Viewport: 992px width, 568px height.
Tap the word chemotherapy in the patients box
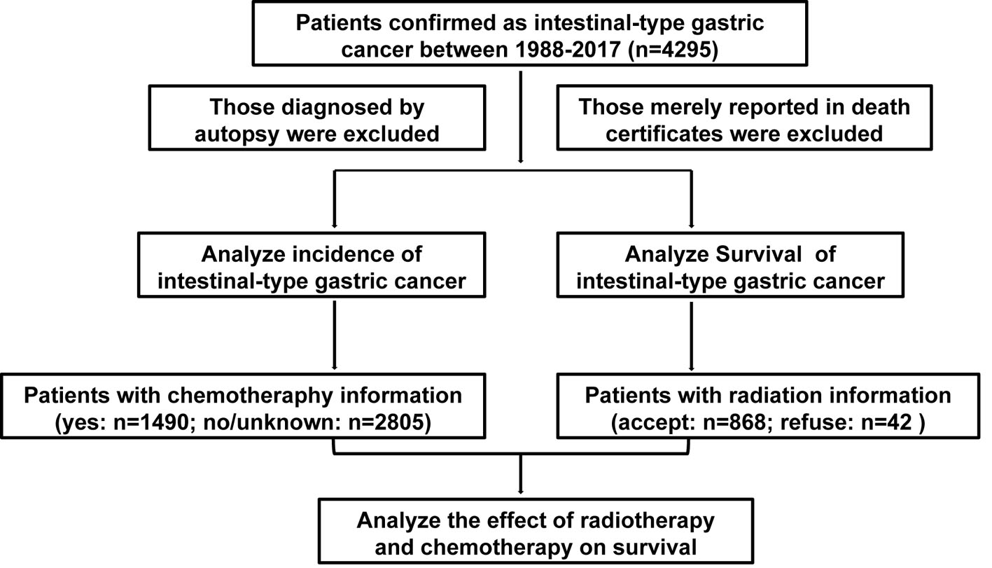click(250, 396)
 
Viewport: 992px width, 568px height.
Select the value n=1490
click(151, 423)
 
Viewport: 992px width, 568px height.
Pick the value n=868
click(734, 423)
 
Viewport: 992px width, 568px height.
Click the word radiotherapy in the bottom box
click(647, 521)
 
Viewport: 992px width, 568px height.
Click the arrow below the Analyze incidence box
click(335, 335)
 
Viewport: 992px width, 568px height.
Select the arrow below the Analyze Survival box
click(691, 336)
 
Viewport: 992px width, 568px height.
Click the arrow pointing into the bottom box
click(520, 473)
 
